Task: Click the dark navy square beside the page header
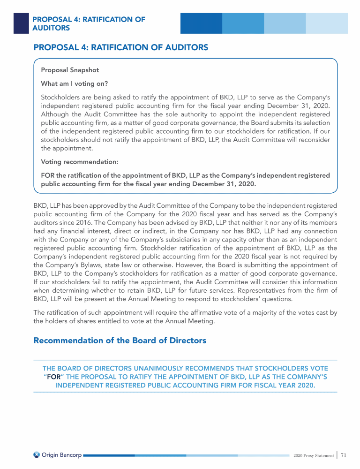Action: (21, 23)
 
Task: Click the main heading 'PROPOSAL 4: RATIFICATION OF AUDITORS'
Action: (120, 47)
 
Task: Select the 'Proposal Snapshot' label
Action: (70, 70)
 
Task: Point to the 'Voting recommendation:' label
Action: (80, 162)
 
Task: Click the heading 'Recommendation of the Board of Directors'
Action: (120, 340)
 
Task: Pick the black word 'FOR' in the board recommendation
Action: (54, 377)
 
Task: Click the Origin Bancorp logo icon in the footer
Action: (37, 454)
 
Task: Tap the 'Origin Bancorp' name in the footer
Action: (61, 454)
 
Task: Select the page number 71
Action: (344, 454)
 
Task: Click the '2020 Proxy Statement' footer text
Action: (313, 455)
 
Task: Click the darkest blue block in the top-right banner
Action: (201, 23)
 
